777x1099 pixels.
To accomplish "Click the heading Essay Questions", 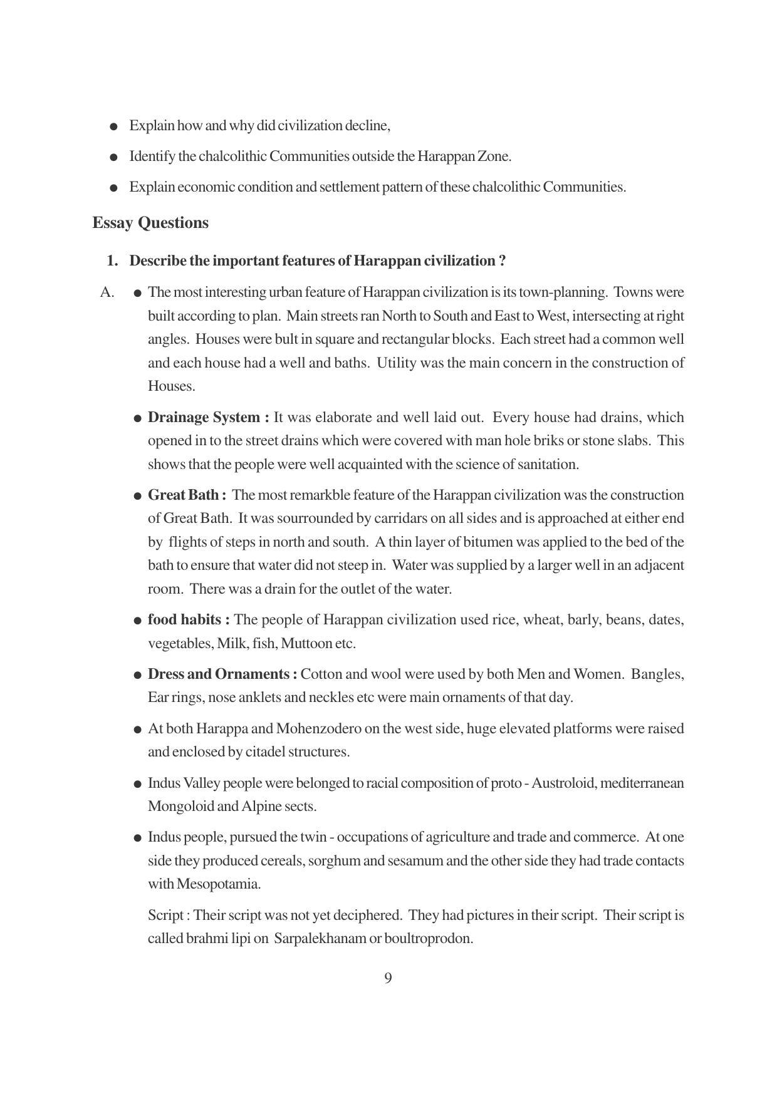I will click(x=150, y=223).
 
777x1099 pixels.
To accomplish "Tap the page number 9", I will click(x=388, y=978).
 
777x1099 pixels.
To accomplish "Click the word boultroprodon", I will click(x=428, y=939).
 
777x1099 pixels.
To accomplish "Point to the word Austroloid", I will click(x=563, y=783).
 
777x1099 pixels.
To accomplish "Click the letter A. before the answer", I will click(x=107, y=292).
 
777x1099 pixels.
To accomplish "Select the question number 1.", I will click(x=112, y=261).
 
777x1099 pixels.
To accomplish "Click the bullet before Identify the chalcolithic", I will click(x=113, y=157).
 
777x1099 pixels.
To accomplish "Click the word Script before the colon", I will click(x=165, y=916).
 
